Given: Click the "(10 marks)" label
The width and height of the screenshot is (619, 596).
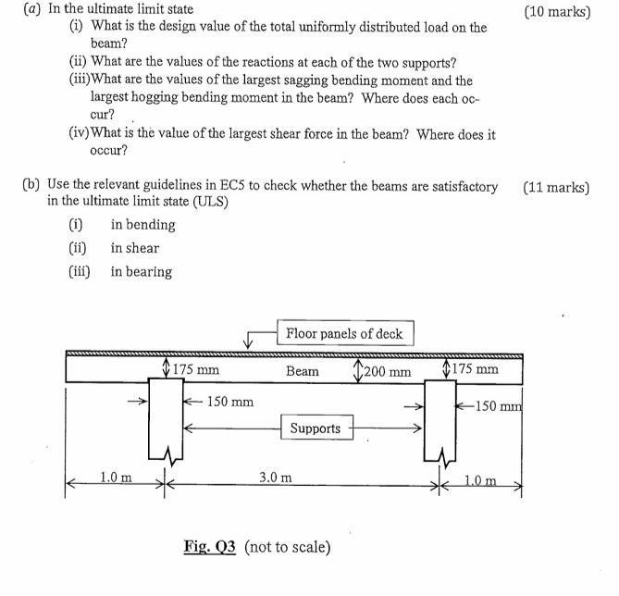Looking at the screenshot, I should (556, 13).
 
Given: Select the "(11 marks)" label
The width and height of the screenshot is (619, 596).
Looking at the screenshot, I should (556, 187).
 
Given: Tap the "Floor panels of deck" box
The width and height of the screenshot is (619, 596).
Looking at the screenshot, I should (344, 333).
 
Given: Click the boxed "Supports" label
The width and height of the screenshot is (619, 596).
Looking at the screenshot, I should (315, 428).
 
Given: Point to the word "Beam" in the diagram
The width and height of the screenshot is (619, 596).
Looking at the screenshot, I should (302, 371).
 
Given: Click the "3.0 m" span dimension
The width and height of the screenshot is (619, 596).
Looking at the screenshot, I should (275, 478).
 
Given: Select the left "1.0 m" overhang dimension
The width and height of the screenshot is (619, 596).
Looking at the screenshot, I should (116, 478).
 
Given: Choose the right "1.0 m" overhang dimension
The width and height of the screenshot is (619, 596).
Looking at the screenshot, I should (479, 479).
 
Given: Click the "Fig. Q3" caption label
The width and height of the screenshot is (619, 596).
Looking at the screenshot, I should (211, 547).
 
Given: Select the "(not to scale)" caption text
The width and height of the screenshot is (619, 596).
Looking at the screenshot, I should (287, 547).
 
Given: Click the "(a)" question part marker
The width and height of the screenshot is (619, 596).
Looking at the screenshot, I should (31, 9).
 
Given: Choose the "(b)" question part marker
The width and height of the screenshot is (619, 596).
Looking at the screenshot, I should (31, 186).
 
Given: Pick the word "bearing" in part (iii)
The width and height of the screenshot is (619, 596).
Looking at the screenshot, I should (141, 271).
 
